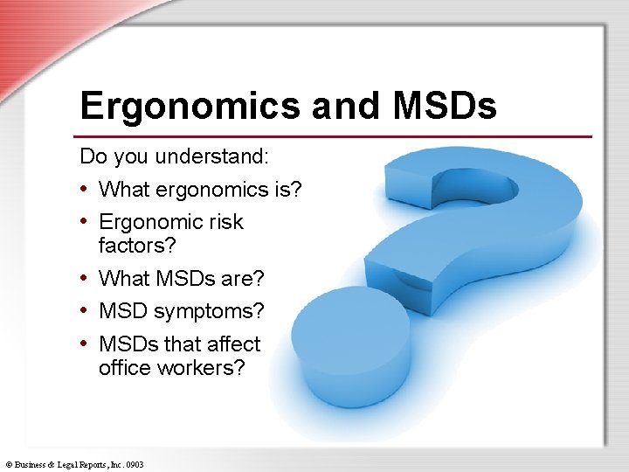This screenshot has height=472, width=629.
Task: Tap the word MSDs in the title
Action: (x=445, y=107)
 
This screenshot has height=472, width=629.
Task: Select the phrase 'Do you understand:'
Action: (x=175, y=156)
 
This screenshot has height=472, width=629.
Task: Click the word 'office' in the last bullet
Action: (x=125, y=368)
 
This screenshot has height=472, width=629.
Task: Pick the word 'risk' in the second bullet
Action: (x=225, y=222)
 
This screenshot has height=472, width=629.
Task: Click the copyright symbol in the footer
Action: (x=7, y=465)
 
